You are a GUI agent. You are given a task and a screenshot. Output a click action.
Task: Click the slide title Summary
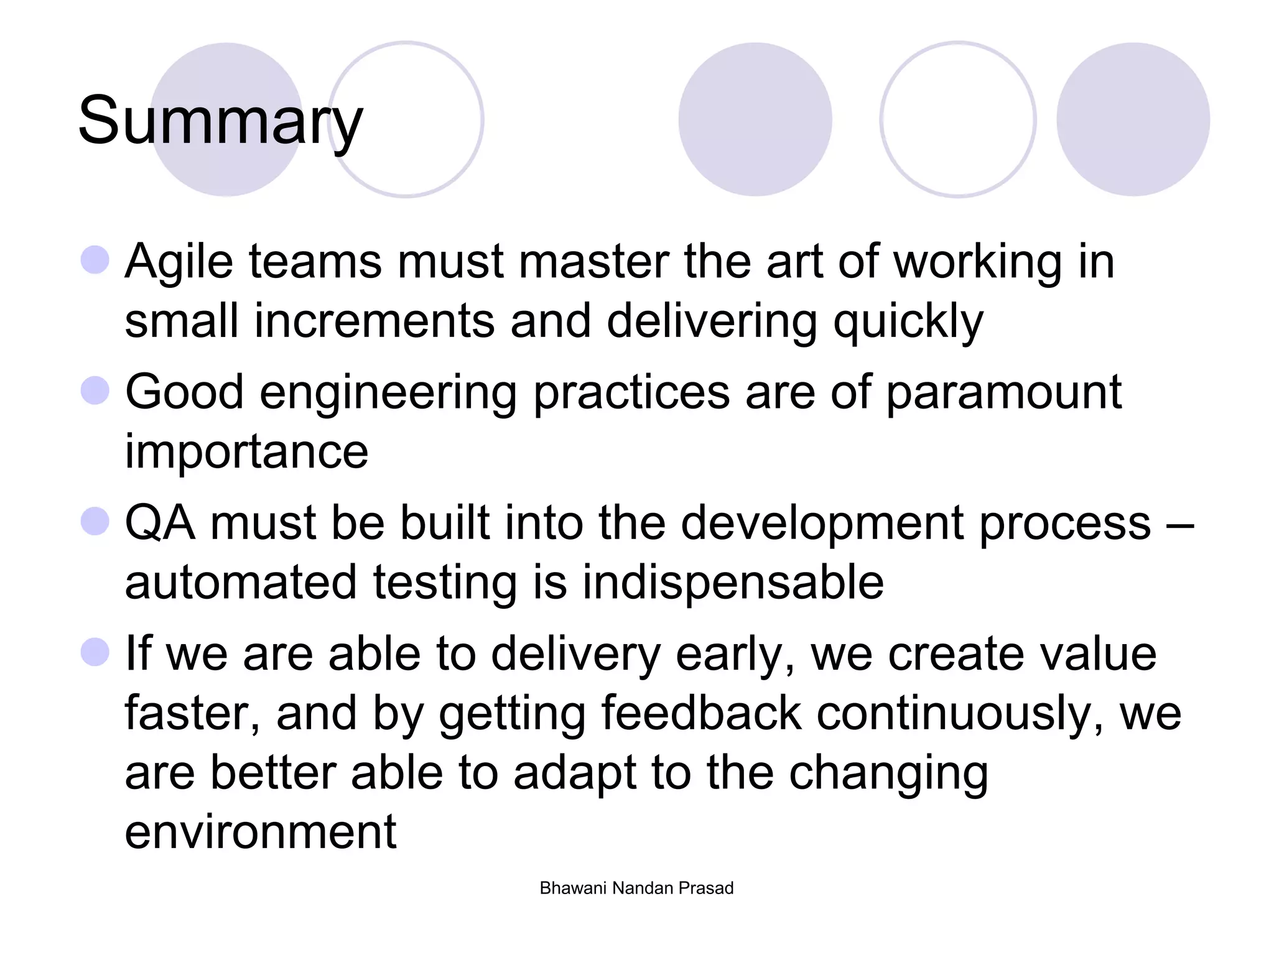(x=220, y=121)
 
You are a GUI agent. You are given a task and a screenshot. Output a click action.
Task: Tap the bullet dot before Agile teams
(x=95, y=260)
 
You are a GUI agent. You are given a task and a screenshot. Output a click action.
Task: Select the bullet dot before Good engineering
(x=95, y=390)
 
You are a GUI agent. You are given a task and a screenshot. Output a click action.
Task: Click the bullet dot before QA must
(x=95, y=521)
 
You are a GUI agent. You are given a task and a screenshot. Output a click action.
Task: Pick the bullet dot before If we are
(x=95, y=652)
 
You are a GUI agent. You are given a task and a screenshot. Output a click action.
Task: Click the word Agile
(x=179, y=262)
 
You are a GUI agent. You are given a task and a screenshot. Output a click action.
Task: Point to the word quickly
(x=908, y=322)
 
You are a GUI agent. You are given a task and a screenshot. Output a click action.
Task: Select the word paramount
(x=1003, y=393)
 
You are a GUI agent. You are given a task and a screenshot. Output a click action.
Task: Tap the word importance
(x=246, y=451)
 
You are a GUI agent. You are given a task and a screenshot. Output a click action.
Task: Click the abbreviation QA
(x=160, y=523)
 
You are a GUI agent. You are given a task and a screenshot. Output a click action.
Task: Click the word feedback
(x=701, y=713)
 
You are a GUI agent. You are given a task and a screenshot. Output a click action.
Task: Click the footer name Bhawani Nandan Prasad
(x=636, y=888)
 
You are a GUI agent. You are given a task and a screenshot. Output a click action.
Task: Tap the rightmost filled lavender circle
(x=1133, y=119)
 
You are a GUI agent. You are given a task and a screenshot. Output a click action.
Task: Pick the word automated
(x=241, y=583)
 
